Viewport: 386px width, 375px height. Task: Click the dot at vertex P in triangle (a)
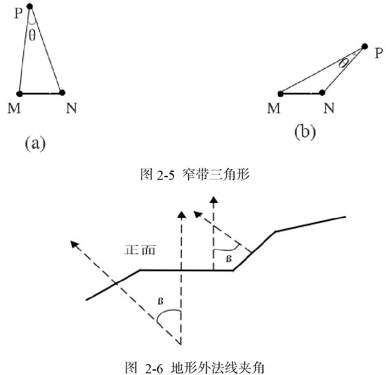[30, 6]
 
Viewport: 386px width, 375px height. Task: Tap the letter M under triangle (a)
[15, 108]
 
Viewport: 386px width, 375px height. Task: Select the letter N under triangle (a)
[71, 108]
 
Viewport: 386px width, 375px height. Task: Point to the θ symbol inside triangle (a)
[32, 35]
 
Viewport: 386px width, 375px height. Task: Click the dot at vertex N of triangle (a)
[62, 92]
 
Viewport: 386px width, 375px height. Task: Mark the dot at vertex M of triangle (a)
[19, 93]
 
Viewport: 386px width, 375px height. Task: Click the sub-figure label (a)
[35, 143]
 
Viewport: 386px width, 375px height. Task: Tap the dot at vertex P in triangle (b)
[365, 46]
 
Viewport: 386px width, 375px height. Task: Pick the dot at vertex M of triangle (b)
[280, 93]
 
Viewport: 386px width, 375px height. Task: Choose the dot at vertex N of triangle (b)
[322, 92]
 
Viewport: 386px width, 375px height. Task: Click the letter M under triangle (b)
[274, 108]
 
